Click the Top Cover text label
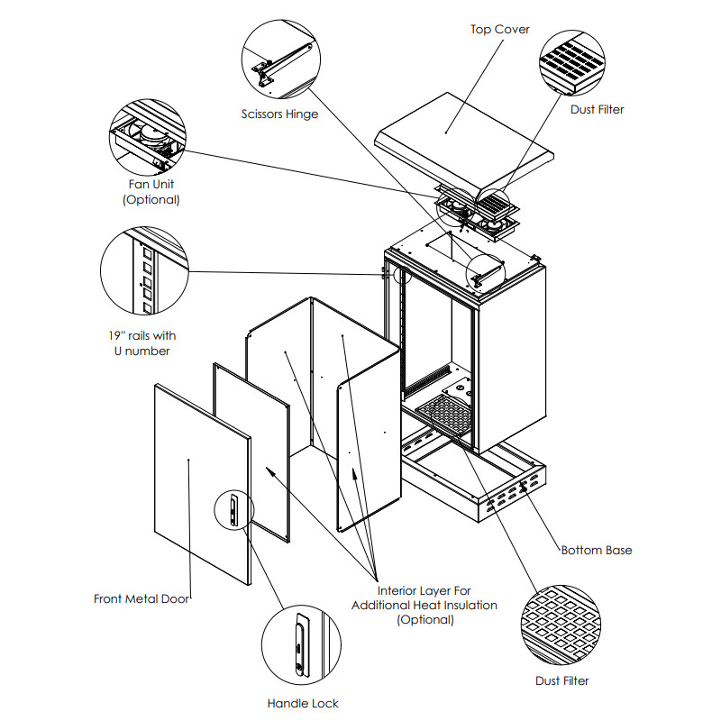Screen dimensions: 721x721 [x=500, y=30]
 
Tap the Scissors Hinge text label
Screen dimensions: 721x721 [x=279, y=114]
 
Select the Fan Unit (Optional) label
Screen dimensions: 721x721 [x=151, y=192]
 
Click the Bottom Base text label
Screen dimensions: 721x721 [x=597, y=550]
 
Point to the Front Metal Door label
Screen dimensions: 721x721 [x=141, y=598]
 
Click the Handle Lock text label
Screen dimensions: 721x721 [x=303, y=703]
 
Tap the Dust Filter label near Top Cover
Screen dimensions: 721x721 [x=597, y=109]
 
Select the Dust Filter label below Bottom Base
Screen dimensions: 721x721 [x=561, y=680]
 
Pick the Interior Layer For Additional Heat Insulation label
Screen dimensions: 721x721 [x=424, y=605]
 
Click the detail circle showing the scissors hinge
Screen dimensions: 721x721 [x=281, y=61]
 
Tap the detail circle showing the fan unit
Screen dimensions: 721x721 [x=147, y=139]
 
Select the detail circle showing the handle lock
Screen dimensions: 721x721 [x=301, y=643]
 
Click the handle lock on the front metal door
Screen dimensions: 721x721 [x=233, y=511]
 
